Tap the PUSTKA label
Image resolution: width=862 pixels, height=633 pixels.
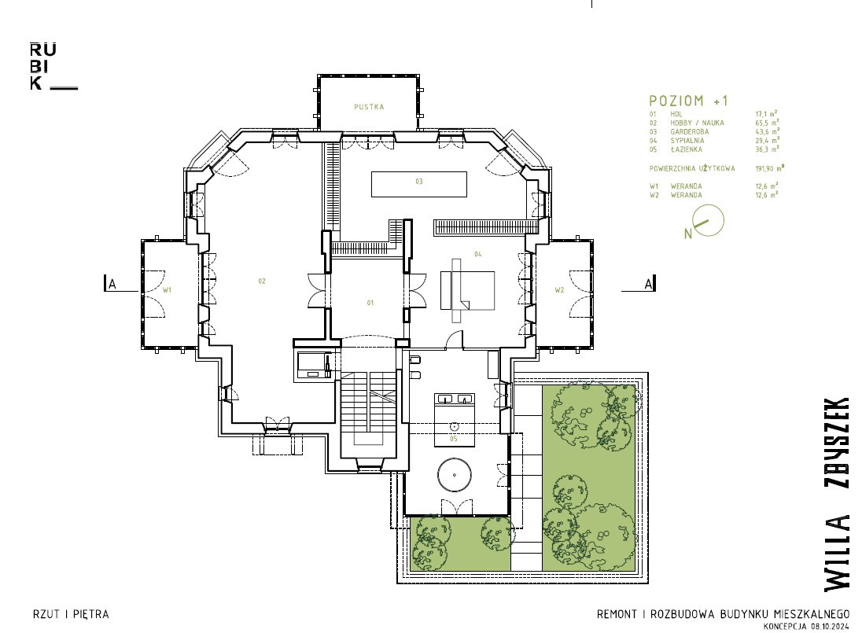(x=369, y=107)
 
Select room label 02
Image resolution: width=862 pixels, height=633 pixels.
(x=262, y=282)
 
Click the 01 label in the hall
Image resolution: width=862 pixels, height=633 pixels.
(x=370, y=303)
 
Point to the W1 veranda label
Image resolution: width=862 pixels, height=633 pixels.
(x=167, y=289)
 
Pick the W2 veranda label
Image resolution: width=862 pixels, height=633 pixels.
(x=559, y=290)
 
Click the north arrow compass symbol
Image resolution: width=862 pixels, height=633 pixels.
(x=705, y=222)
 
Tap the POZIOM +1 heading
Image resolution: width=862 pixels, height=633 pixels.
(x=688, y=101)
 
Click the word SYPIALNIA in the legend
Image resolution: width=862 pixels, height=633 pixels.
(x=687, y=141)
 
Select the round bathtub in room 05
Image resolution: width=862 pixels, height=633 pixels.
(x=454, y=475)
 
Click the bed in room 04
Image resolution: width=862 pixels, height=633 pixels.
(x=467, y=290)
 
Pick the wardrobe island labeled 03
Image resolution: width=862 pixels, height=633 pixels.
(x=419, y=184)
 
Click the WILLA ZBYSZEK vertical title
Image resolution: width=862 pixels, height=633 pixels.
(x=836, y=494)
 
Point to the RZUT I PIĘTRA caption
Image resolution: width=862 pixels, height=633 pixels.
(x=71, y=614)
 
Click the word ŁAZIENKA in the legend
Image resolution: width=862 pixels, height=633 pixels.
(x=686, y=149)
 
